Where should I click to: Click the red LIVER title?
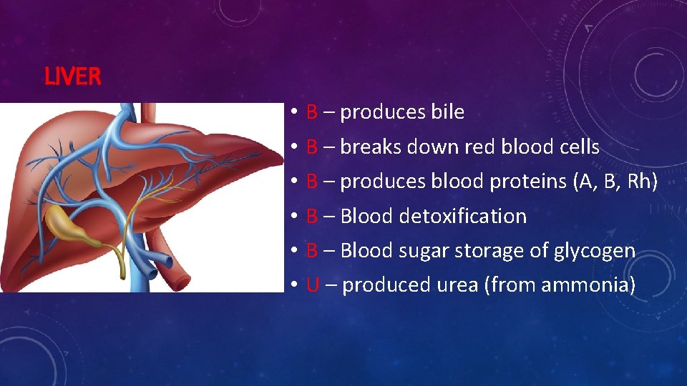coord(72,77)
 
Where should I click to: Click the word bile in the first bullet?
coord(447,112)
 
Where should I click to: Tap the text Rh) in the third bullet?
coord(642,182)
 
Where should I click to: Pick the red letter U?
coord(312,285)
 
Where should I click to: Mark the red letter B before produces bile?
coord(312,112)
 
